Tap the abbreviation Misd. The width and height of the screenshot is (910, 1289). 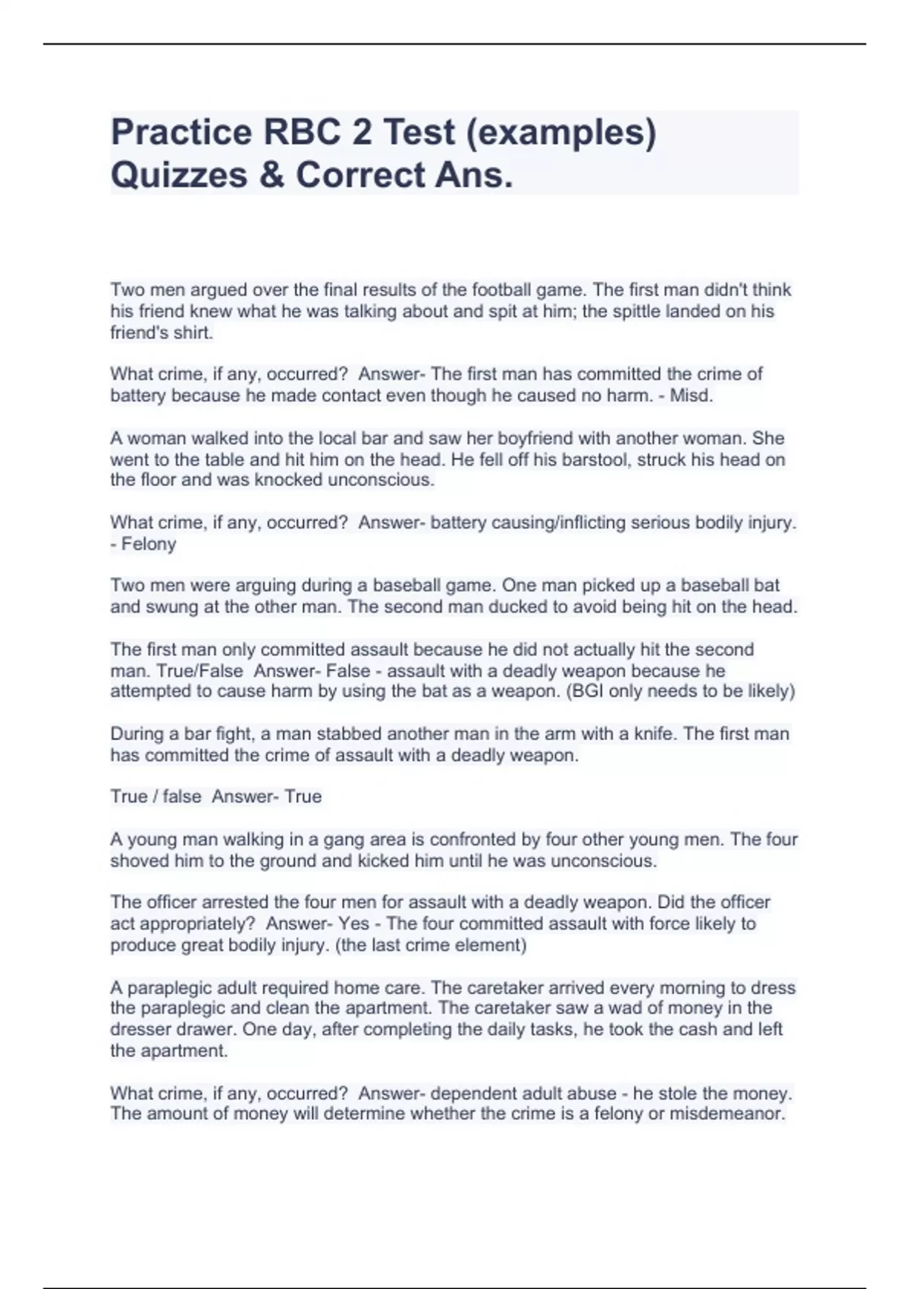692,395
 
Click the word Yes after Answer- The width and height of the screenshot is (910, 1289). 354,924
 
